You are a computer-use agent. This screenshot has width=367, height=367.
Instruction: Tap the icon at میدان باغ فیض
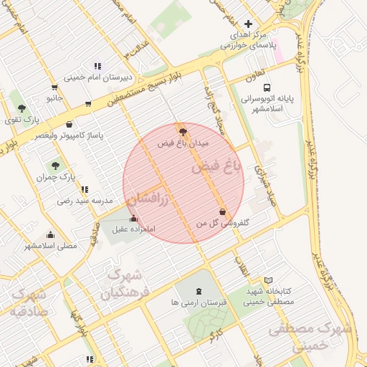click(183, 131)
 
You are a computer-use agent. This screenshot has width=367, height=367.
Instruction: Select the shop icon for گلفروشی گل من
click(222, 212)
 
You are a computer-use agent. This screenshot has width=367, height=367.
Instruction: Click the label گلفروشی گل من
click(223, 224)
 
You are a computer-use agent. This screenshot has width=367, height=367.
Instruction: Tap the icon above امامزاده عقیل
click(133, 219)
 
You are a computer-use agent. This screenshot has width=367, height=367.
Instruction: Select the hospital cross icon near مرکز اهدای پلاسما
click(249, 24)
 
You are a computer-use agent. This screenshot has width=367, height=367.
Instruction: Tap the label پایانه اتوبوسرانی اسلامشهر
click(266, 104)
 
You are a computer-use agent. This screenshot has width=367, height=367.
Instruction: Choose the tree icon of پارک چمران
click(56, 166)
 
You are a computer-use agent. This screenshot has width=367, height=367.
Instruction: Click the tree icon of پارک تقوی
click(22, 108)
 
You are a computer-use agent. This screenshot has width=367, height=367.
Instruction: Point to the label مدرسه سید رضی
click(85, 201)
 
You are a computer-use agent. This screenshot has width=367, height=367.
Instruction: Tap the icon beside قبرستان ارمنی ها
click(199, 290)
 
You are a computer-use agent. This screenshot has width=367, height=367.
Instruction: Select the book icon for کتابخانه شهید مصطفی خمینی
click(269, 280)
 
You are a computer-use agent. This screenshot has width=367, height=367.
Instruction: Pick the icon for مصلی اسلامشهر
click(50, 234)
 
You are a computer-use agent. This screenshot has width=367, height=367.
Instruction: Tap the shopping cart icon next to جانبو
click(88, 103)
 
